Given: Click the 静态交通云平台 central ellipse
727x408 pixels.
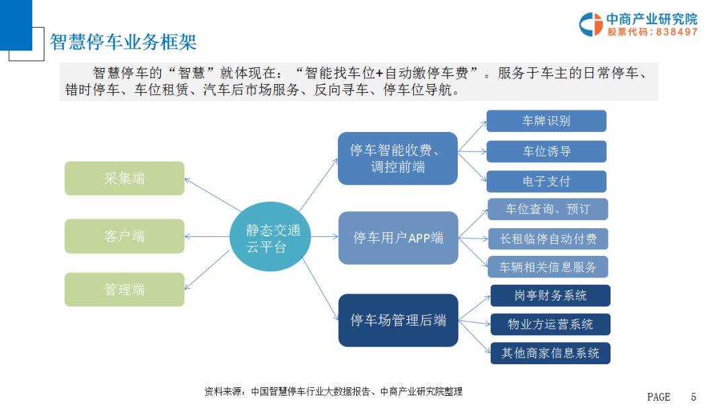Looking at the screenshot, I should point(269,237).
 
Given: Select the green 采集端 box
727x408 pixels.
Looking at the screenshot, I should point(125,178).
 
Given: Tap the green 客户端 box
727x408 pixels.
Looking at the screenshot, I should point(125,236).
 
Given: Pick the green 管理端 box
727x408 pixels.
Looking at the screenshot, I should point(125,290).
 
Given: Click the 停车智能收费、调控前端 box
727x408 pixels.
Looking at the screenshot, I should point(397,158).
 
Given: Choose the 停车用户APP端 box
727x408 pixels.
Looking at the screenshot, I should point(398,238).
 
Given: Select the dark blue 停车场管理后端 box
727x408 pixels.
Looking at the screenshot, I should point(398,320).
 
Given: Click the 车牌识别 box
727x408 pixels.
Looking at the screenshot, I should point(546,121).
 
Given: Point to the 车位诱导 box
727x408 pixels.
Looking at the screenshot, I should point(546,151).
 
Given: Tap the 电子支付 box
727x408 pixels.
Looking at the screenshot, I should point(546,182).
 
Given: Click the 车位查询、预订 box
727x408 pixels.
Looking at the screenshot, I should point(547,209).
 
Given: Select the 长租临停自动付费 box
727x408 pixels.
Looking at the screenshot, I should point(547,239).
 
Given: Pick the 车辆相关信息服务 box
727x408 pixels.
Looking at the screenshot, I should point(547,267).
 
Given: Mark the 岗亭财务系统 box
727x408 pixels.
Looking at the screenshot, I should point(550,296).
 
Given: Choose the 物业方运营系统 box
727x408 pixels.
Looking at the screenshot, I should point(550,325).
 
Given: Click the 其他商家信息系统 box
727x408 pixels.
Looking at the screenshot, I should point(550,353).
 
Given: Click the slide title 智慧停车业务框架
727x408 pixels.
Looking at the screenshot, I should point(123,42).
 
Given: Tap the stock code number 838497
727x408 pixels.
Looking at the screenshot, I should point(677,32).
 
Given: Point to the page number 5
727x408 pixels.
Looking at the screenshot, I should point(693,397).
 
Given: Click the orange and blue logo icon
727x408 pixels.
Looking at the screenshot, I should point(591,24).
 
